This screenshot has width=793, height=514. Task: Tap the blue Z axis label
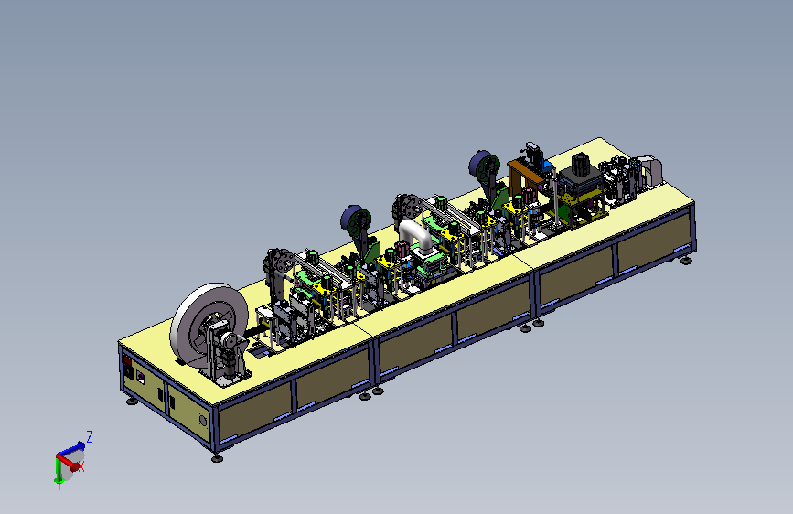click(x=90, y=436)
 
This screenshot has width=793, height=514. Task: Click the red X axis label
click(x=80, y=467)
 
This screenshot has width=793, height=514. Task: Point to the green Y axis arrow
click(x=59, y=473)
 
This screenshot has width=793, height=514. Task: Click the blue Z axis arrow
click(x=70, y=449)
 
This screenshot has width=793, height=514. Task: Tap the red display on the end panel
click(x=127, y=361)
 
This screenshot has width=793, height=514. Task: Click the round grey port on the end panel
click(x=203, y=421)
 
